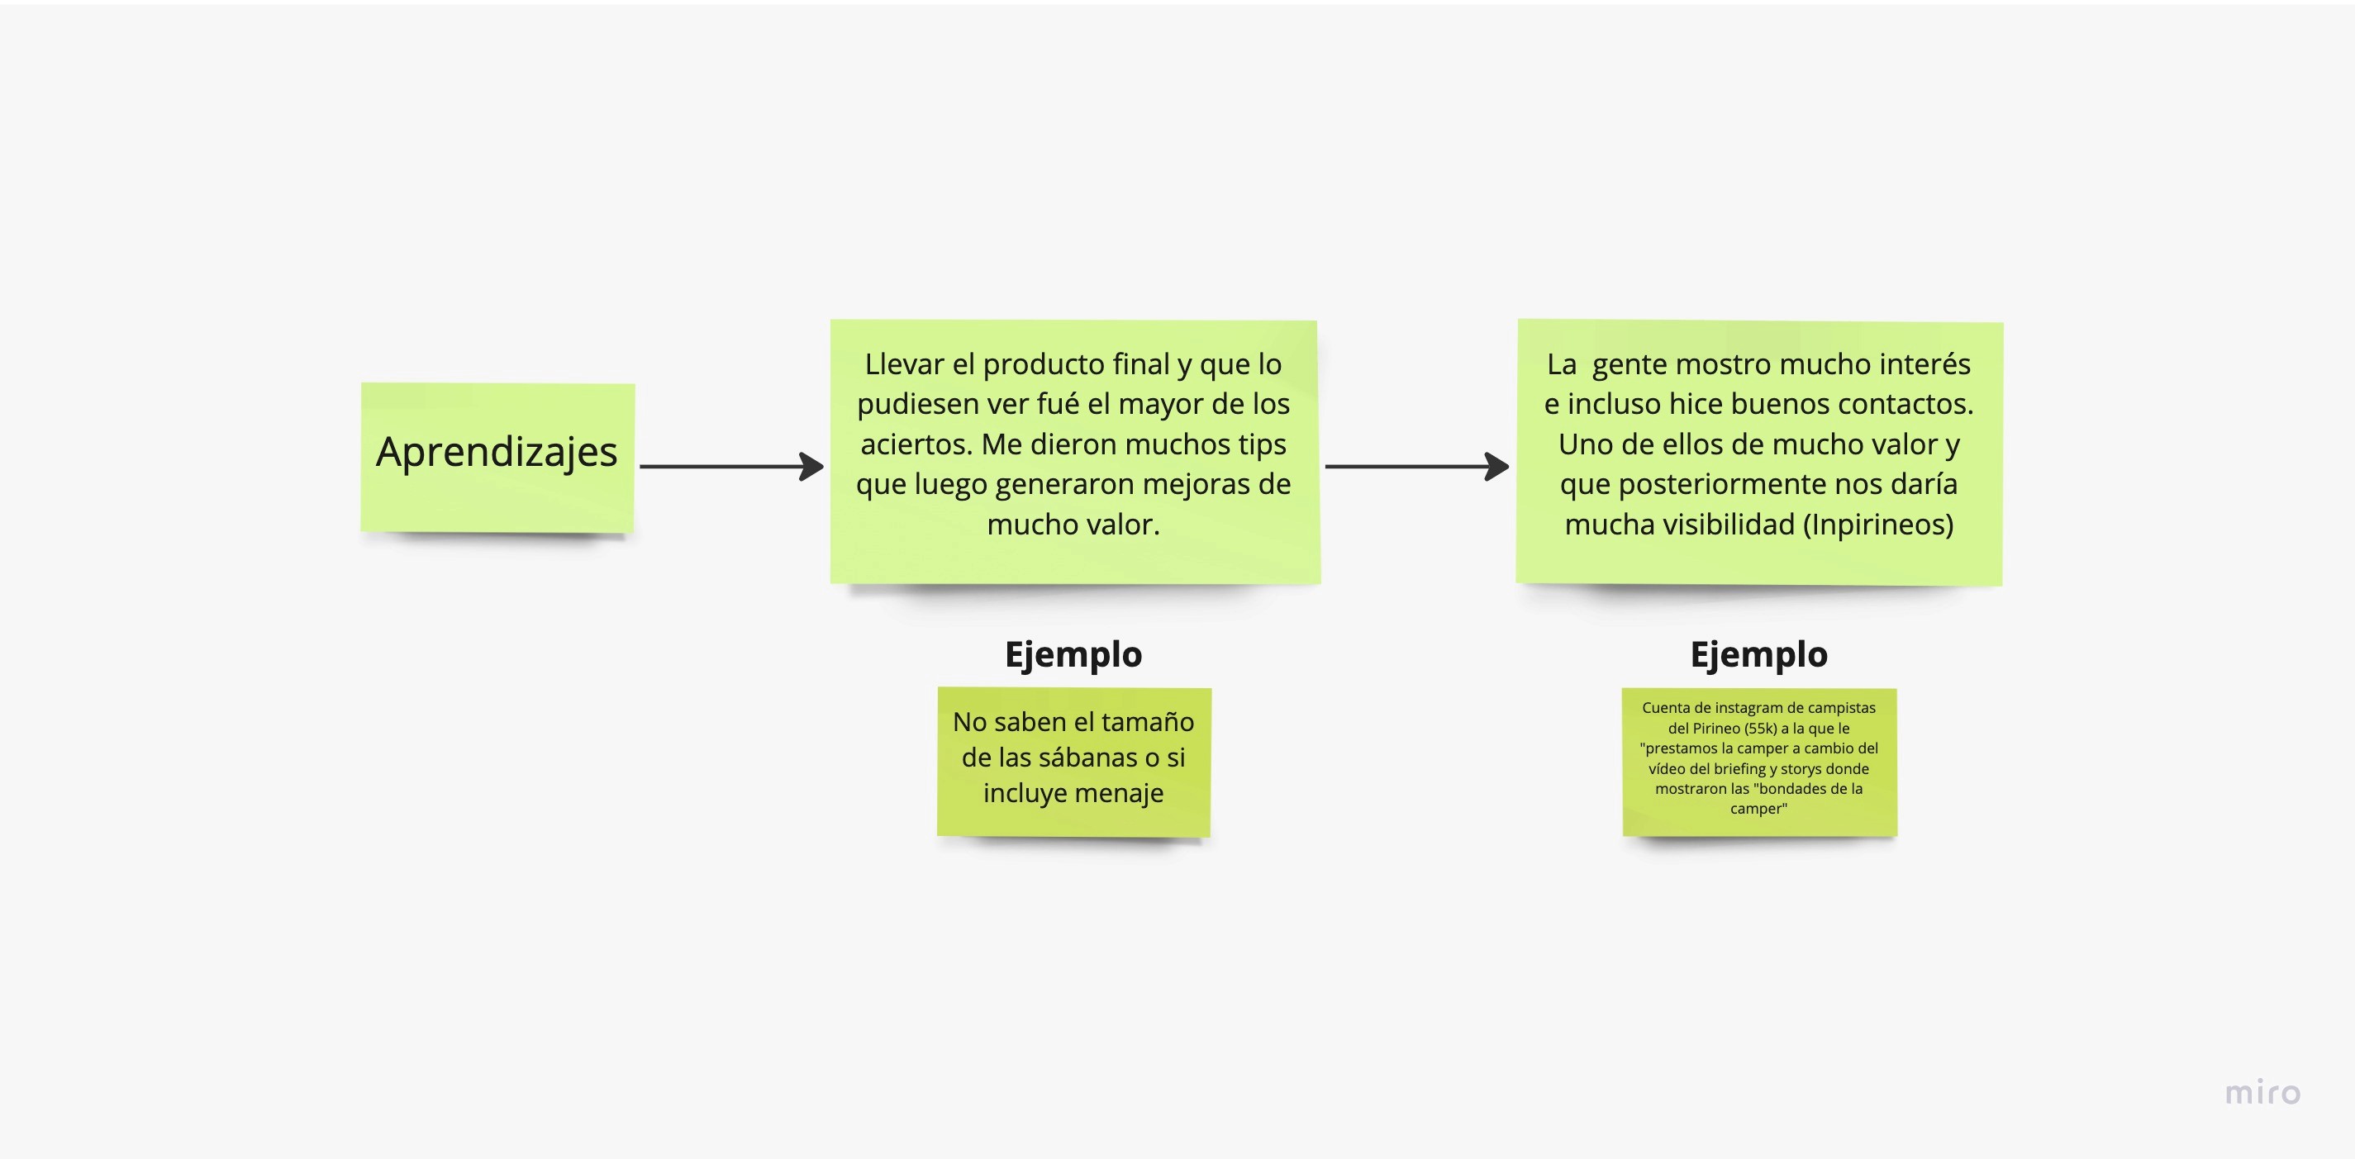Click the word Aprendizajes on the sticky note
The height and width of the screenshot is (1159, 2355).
(497, 453)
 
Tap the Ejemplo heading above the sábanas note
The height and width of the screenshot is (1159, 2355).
(1073, 654)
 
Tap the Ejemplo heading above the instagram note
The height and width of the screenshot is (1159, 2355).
(1758, 654)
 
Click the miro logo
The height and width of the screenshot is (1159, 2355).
(2262, 1092)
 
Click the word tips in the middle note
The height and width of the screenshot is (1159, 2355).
(1262, 444)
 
